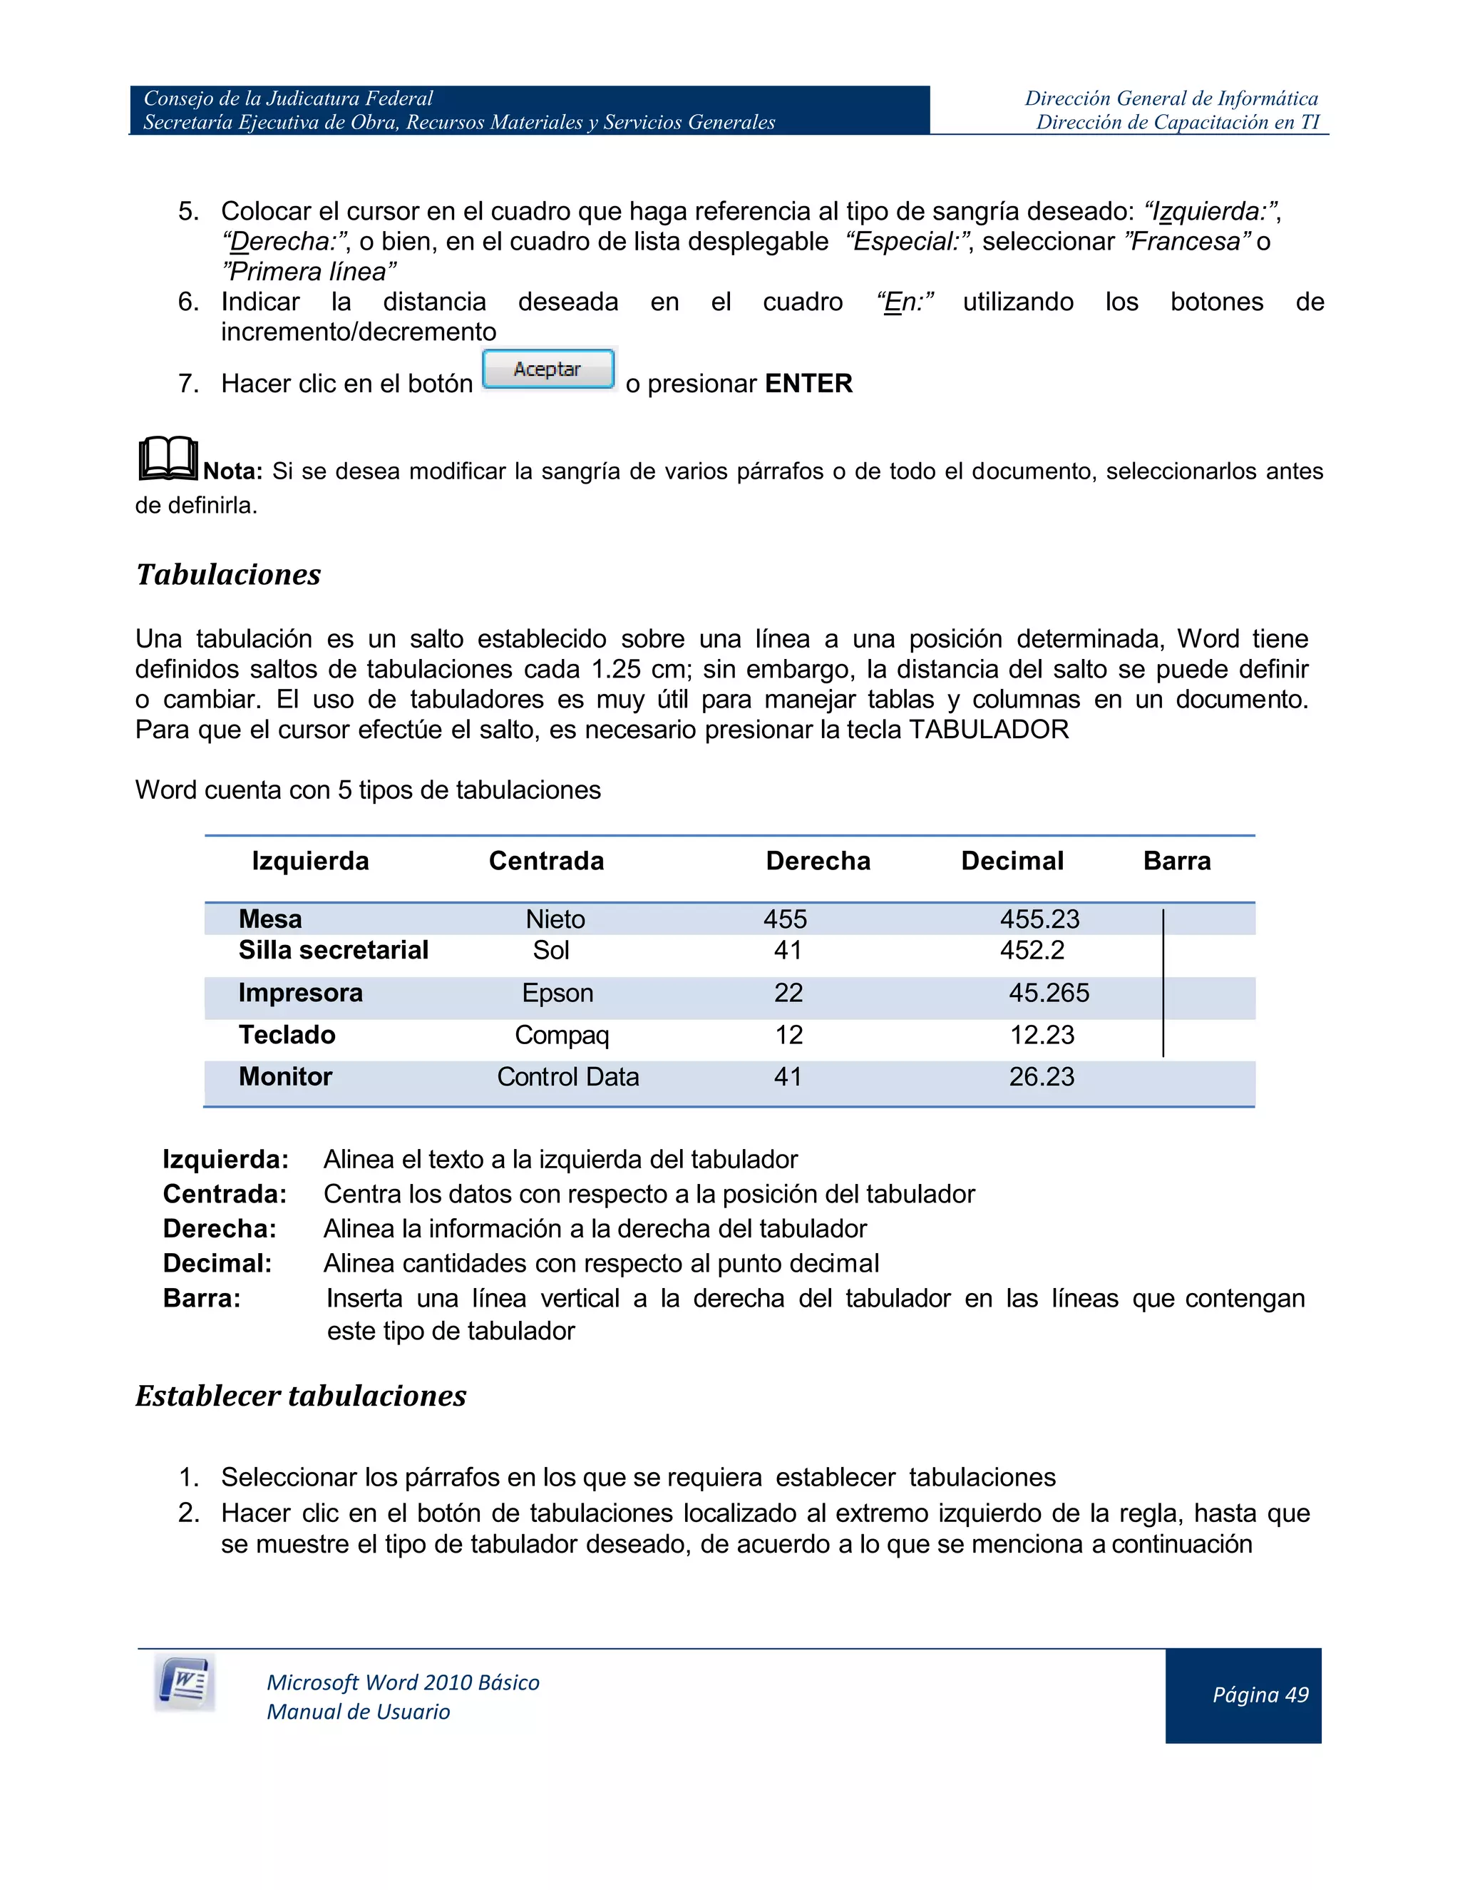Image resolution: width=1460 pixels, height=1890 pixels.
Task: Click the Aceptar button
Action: pos(547,369)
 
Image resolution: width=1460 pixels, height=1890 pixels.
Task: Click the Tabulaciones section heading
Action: pos(228,575)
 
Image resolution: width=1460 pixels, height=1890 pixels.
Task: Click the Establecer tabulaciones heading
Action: pos(300,1396)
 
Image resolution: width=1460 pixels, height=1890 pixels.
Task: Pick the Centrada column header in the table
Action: pos(546,861)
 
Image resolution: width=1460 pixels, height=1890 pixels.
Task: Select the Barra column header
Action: pos(1176,861)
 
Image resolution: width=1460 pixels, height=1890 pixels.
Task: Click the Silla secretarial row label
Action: pos(333,950)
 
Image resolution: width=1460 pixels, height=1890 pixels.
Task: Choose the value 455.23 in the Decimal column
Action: pos(1039,919)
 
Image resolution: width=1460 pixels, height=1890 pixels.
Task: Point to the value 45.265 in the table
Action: pos(1048,993)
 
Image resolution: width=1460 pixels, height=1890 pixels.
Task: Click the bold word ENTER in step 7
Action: pos(808,384)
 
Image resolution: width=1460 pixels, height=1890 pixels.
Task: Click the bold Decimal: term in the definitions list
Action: pos(217,1264)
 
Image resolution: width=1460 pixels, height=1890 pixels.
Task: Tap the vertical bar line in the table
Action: pos(1163,982)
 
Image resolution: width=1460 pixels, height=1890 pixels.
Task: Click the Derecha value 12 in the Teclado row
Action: pos(788,1035)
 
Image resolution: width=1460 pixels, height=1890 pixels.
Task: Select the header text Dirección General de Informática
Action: pos(1171,98)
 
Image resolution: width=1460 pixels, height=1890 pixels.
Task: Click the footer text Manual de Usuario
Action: pos(358,1712)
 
